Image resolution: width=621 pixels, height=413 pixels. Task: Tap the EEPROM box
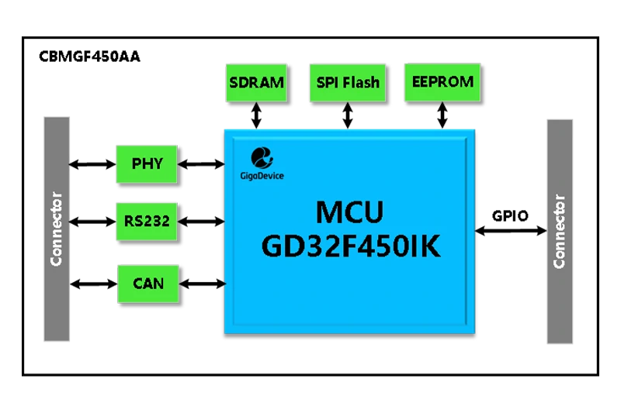pos(440,82)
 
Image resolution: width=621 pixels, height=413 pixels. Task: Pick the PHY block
pos(147,164)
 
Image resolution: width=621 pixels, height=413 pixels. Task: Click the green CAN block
pos(147,284)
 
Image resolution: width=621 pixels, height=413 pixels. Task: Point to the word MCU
pos(349,212)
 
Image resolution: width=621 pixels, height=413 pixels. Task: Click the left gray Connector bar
pos(57,229)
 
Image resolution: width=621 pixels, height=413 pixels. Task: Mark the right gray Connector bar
pos(560,231)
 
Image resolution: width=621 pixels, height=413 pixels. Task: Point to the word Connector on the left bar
pos(57,229)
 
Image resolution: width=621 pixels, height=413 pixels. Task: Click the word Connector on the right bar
pos(560,231)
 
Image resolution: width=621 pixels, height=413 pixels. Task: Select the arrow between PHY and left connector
pos(92,164)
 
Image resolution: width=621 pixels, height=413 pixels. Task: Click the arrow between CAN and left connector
pos(92,284)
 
